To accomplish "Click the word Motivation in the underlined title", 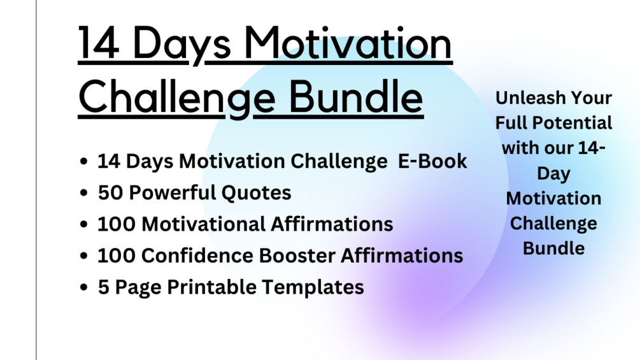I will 348,45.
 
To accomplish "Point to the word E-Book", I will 432,161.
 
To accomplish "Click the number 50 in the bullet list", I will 109,192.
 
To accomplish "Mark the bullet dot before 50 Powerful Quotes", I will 84,193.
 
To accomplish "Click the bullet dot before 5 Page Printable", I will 84,288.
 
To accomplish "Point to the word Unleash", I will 525,98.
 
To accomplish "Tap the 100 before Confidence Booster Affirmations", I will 116,256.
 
